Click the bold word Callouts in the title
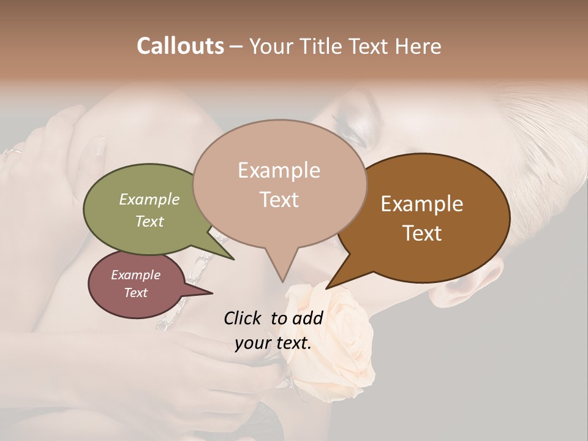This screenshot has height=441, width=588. tap(180, 46)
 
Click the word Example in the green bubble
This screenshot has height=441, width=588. tap(149, 200)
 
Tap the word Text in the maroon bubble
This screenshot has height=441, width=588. tap(136, 293)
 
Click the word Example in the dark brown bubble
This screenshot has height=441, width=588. tap(422, 204)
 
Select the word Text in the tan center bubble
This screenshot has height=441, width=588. tap(279, 200)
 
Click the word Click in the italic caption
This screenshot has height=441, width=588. tap(243, 318)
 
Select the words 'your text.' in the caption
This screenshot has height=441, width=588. tap(273, 344)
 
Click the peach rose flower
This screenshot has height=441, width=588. tap(334, 343)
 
